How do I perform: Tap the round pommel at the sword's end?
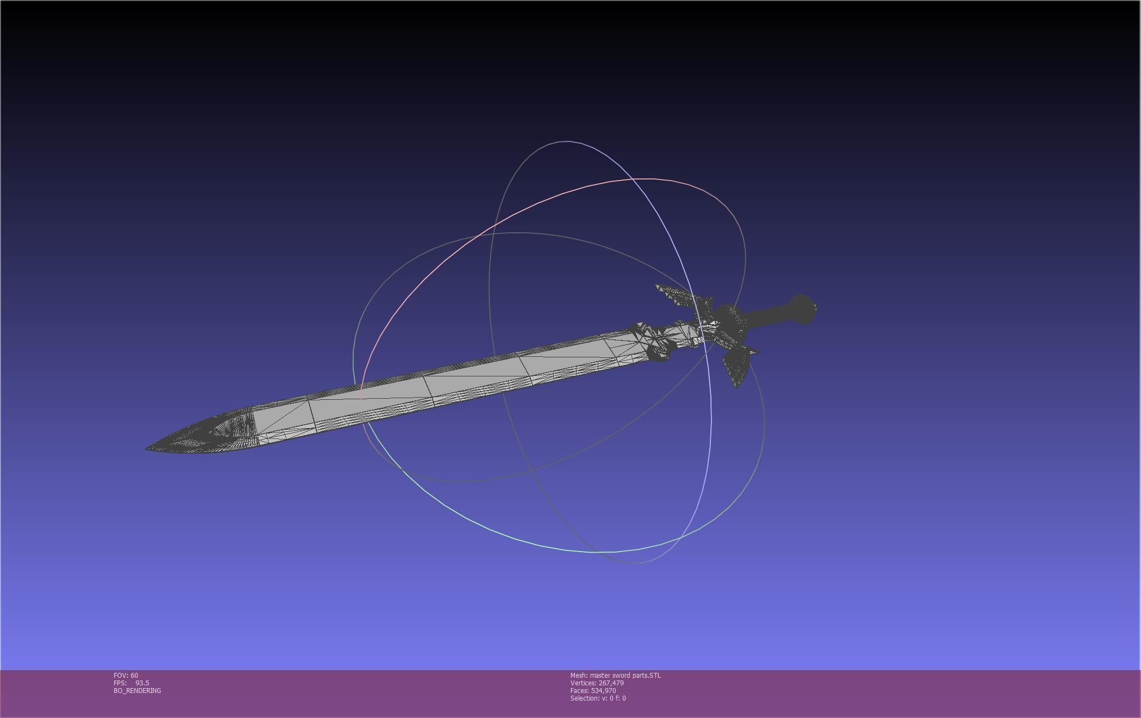point(801,310)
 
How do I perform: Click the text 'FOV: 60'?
point(126,676)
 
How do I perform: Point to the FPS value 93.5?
point(142,683)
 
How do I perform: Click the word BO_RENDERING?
point(137,691)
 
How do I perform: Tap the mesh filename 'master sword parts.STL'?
point(625,676)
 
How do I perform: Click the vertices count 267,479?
point(611,683)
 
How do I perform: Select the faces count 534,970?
point(603,691)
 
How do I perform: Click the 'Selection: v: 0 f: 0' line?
point(598,698)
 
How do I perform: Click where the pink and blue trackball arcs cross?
point(631,179)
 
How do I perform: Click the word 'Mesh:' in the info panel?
point(579,676)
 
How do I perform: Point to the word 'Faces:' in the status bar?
point(580,691)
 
